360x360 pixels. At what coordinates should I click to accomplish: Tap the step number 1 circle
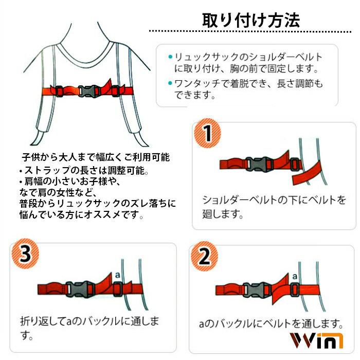tap(207, 134)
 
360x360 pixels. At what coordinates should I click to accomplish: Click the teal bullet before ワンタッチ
tap(170, 83)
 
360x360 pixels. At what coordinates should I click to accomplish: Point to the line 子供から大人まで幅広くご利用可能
tap(95, 156)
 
